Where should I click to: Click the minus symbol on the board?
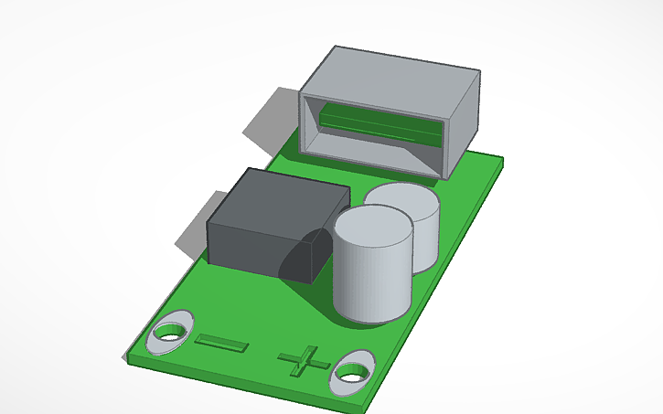tap(221, 344)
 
